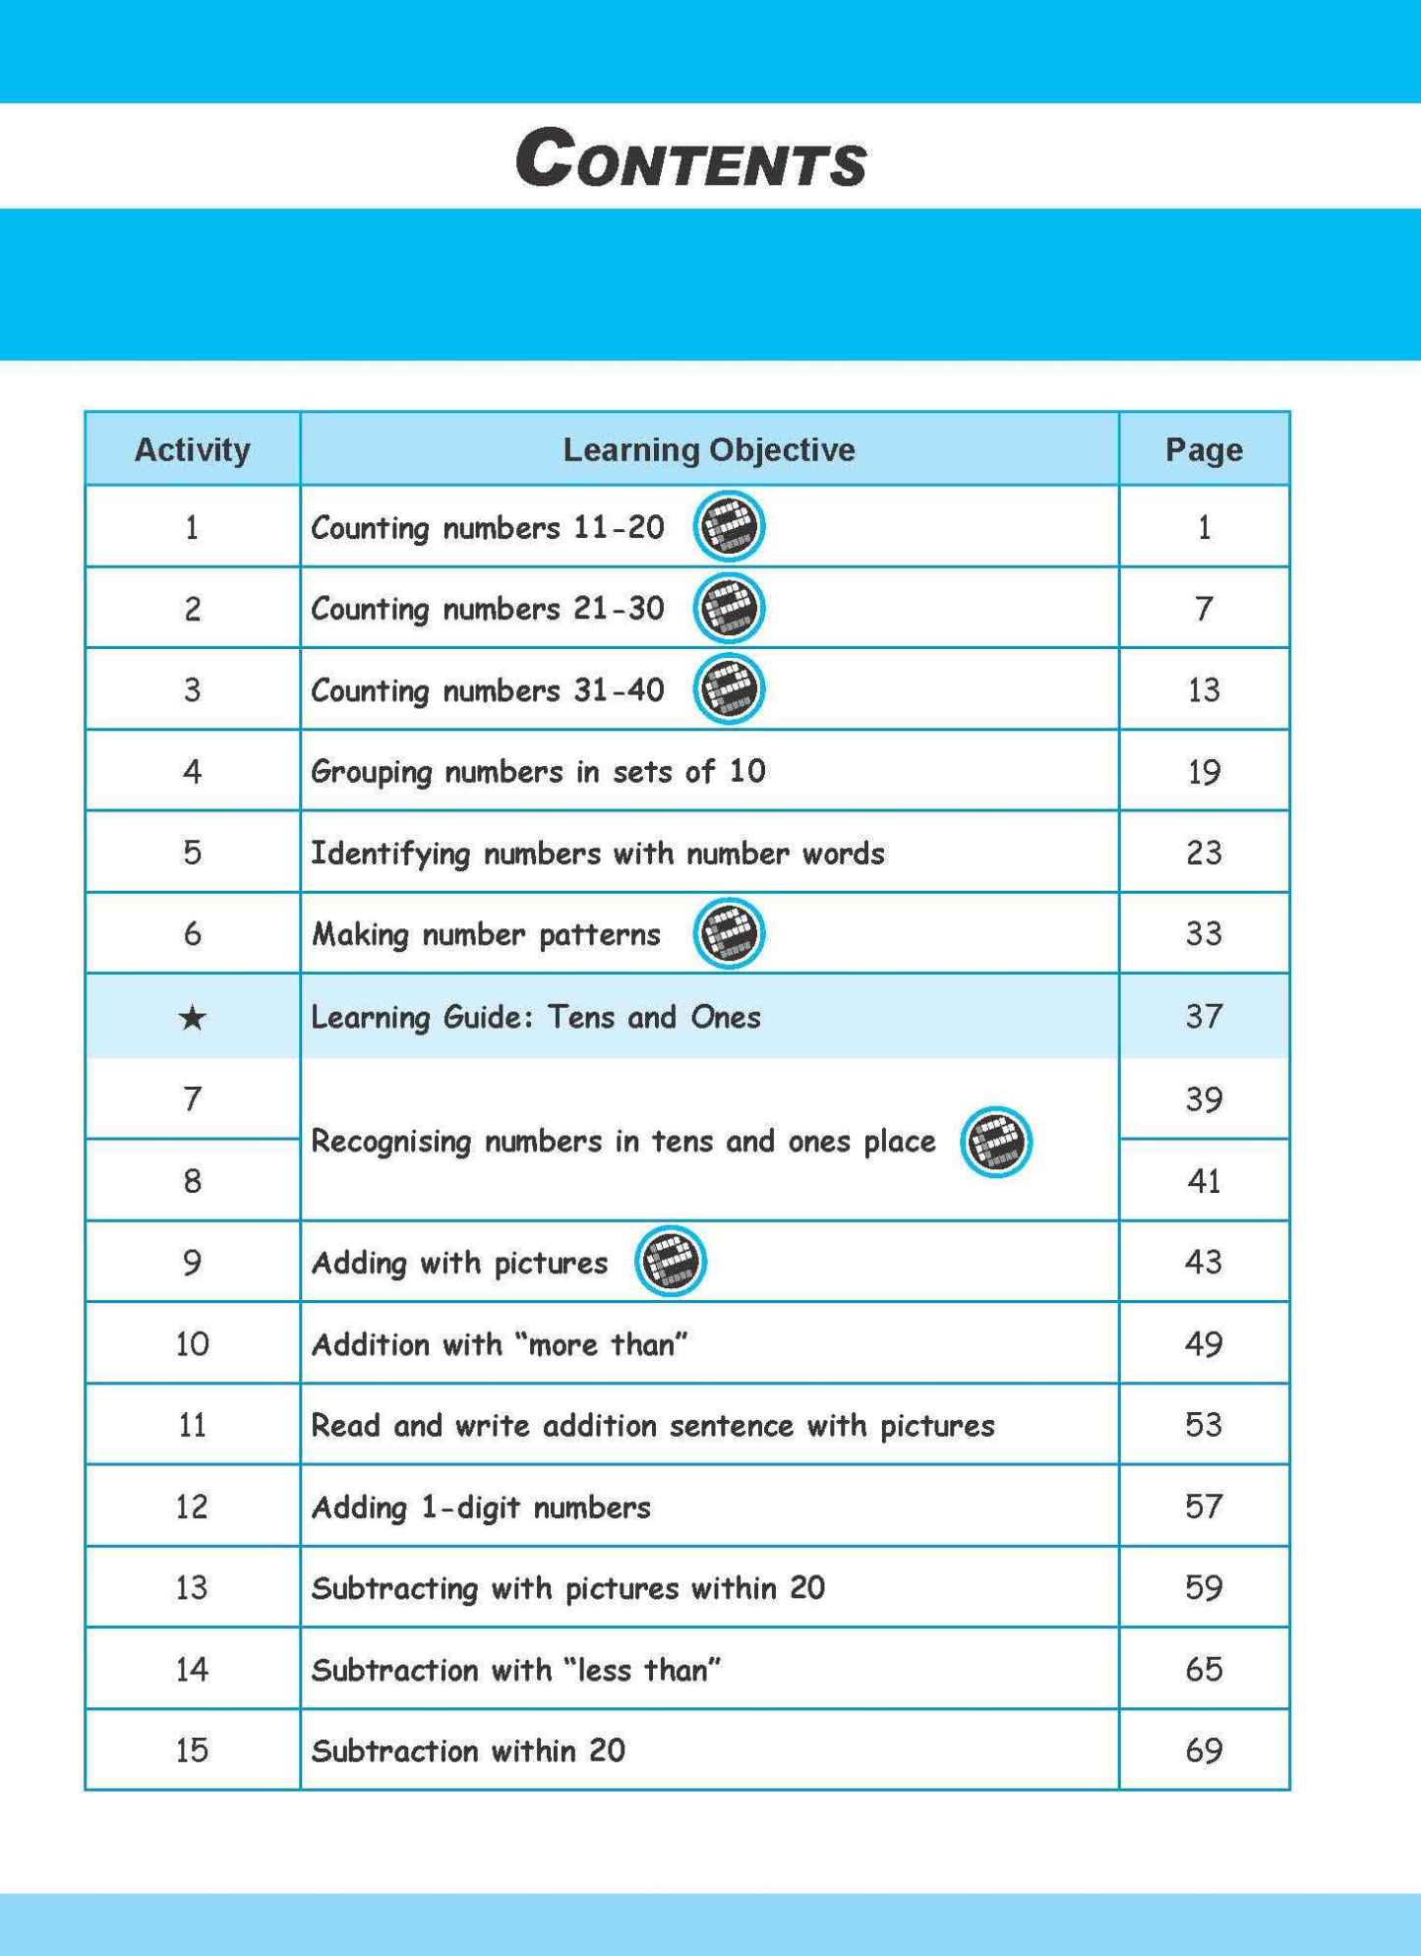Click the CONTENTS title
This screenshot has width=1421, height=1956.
tap(691, 157)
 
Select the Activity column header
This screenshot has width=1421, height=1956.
tap(192, 449)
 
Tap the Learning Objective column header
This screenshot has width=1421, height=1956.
tap(708, 449)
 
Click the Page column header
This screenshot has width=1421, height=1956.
tap(1204, 449)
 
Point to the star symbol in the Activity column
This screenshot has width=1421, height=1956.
tap(193, 1017)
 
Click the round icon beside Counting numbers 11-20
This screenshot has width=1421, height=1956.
tap(729, 526)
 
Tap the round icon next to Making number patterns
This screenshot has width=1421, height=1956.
tap(729, 933)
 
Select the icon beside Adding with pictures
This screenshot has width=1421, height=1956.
tap(671, 1261)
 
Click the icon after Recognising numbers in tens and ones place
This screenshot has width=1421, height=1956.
tap(995, 1142)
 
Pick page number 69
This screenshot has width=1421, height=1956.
tap(1204, 1750)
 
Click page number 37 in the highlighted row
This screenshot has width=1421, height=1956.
tap(1204, 1016)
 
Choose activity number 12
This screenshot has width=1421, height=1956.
tap(192, 1507)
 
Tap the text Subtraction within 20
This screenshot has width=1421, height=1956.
tap(468, 1750)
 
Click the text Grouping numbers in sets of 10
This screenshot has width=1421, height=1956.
tap(538, 771)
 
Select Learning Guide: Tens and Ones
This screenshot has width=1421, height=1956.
tap(536, 1017)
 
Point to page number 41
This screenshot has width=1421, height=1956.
tap(1204, 1180)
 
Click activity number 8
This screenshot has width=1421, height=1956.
tap(192, 1180)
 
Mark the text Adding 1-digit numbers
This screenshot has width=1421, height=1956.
tap(481, 1507)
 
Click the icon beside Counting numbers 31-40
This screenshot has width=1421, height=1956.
tap(729, 688)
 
